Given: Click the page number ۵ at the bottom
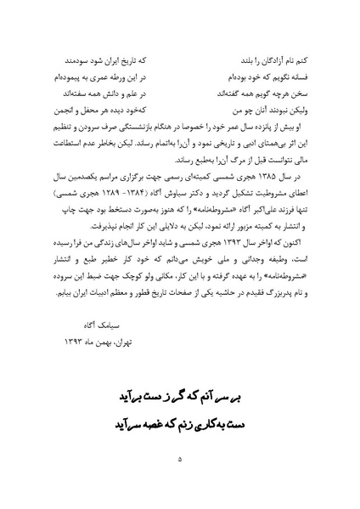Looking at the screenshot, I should pyautogui.click(x=180, y=460).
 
